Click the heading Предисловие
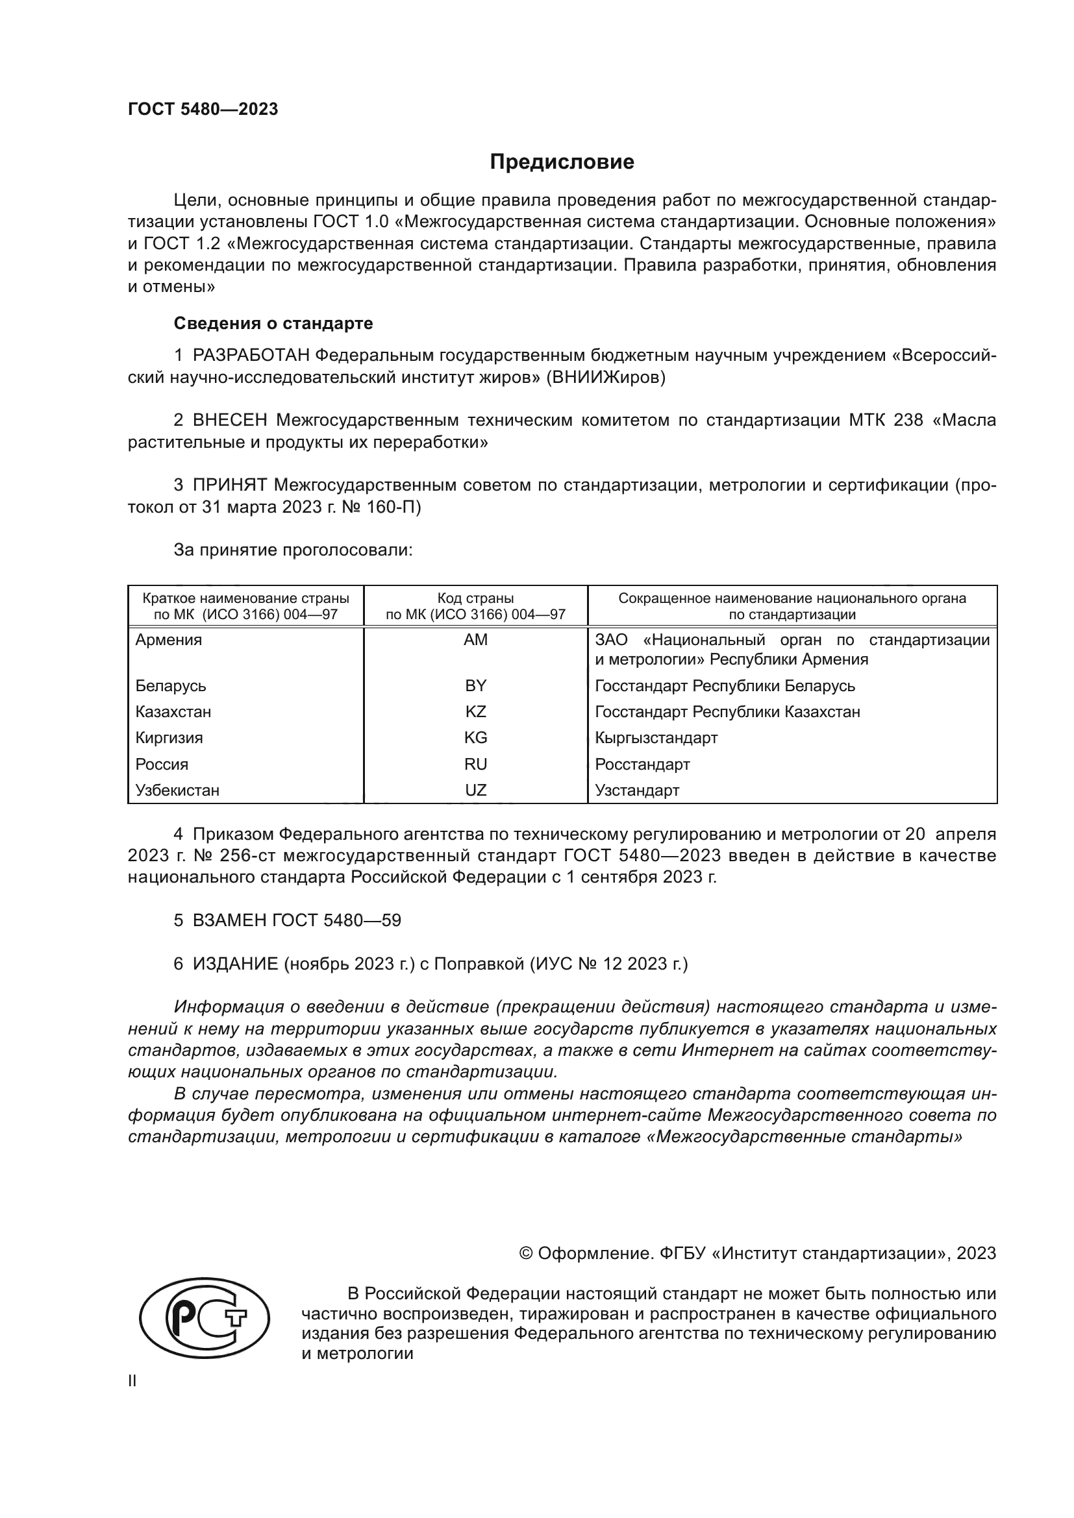(x=562, y=162)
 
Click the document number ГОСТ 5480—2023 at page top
(x=203, y=110)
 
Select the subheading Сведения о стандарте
(x=273, y=323)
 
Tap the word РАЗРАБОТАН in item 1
(x=251, y=356)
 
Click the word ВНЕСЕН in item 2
(x=230, y=421)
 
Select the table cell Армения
(x=169, y=640)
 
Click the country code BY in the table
(x=475, y=685)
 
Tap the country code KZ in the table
(x=475, y=712)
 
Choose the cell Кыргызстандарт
(x=656, y=738)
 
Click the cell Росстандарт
(x=642, y=765)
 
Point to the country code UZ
(x=475, y=790)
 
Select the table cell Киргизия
(x=169, y=738)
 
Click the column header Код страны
(x=475, y=598)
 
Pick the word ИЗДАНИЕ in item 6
(x=236, y=964)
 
